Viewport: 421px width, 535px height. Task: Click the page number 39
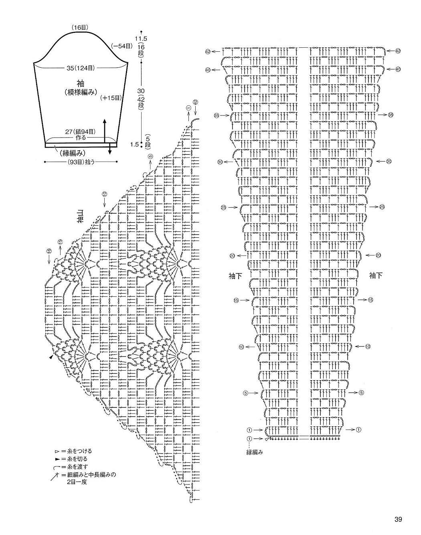click(x=398, y=520)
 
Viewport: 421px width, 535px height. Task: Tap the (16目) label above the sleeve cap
click(x=80, y=27)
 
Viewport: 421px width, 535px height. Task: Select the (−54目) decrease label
click(x=122, y=46)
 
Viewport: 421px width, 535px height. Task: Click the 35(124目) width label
click(x=81, y=68)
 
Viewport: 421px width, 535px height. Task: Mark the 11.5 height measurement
click(x=141, y=39)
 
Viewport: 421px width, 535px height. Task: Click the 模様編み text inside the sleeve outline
click(x=81, y=92)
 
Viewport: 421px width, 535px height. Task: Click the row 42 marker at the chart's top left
click(x=208, y=51)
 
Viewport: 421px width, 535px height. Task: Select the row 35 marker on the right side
click(x=391, y=115)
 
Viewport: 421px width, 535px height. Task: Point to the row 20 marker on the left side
click(x=232, y=255)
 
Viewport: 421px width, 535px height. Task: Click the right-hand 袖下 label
click(x=375, y=276)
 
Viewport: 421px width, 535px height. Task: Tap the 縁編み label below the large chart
click(x=254, y=452)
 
